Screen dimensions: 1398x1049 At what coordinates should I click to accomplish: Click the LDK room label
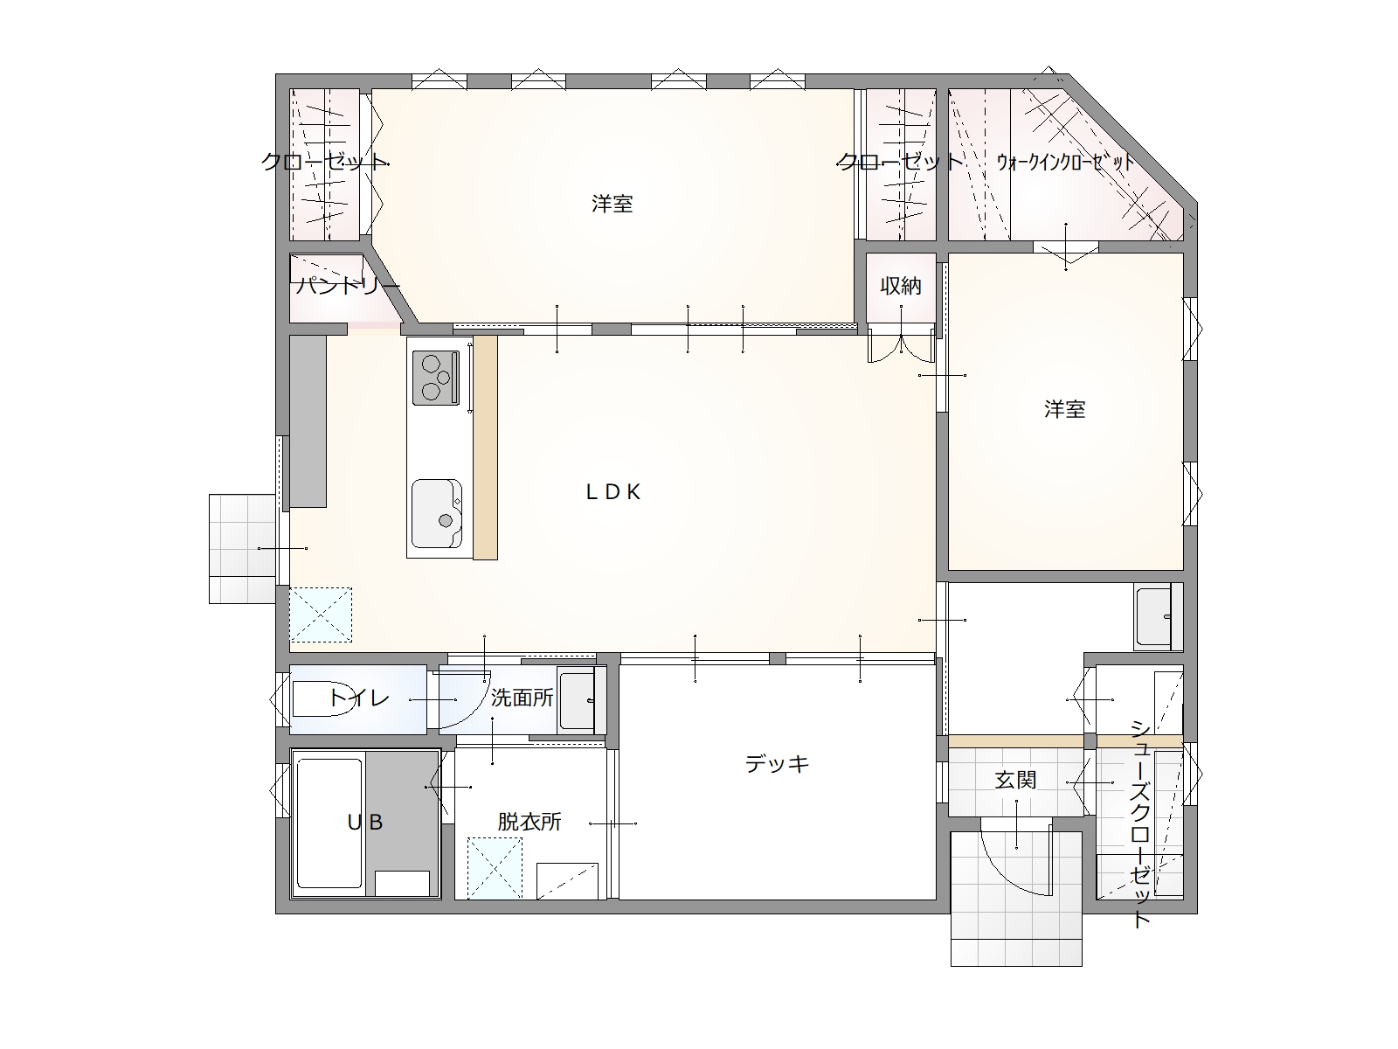tap(612, 491)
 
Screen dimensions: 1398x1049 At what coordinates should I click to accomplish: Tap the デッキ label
tap(777, 763)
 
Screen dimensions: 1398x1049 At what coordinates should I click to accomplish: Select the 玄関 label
tap(1016, 780)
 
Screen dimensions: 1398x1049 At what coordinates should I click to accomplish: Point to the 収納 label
tap(901, 286)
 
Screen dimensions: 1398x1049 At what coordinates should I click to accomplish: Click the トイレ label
tap(358, 698)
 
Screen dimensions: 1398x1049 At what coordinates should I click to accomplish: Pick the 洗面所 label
tap(523, 698)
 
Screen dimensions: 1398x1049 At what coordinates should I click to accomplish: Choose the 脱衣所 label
tap(529, 822)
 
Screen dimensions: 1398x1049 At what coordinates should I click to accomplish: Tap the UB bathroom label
tap(365, 823)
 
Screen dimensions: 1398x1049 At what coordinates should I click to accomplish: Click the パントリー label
tap(348, 285)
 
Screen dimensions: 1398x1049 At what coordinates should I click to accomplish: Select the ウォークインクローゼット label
tap(1065, 162)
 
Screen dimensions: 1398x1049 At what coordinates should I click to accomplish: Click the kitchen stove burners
tap(436, 379)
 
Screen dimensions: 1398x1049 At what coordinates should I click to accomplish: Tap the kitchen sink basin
tap(437, 514)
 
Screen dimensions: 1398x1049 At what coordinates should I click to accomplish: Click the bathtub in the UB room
tap(329, 823)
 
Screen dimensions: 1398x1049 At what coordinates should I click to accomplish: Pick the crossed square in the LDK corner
tap(321, 615)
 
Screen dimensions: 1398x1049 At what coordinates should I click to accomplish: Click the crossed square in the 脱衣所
tap(495, 868)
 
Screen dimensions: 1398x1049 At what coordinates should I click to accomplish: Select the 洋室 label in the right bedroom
tap(1065, 409)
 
